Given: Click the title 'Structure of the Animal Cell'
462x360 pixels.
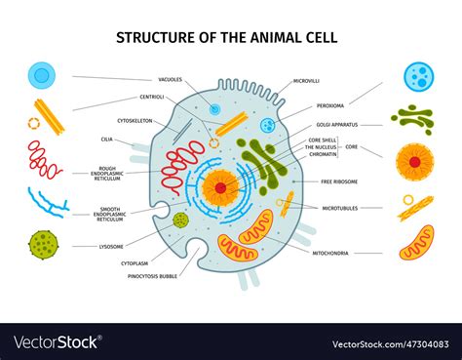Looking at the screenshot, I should [x=227, y=38].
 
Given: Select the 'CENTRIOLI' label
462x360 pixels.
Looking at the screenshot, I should [x=151, y=97].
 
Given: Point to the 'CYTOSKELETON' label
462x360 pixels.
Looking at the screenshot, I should [x=136, y=121].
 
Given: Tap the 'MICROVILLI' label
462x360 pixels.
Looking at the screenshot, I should [x=307, y=81].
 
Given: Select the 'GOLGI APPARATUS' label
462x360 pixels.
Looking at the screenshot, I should [x=337, y=125].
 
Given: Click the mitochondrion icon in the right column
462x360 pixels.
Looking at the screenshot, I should [x=416, y=241].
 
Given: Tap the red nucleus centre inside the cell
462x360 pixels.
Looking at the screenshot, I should [x=221, y=185].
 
